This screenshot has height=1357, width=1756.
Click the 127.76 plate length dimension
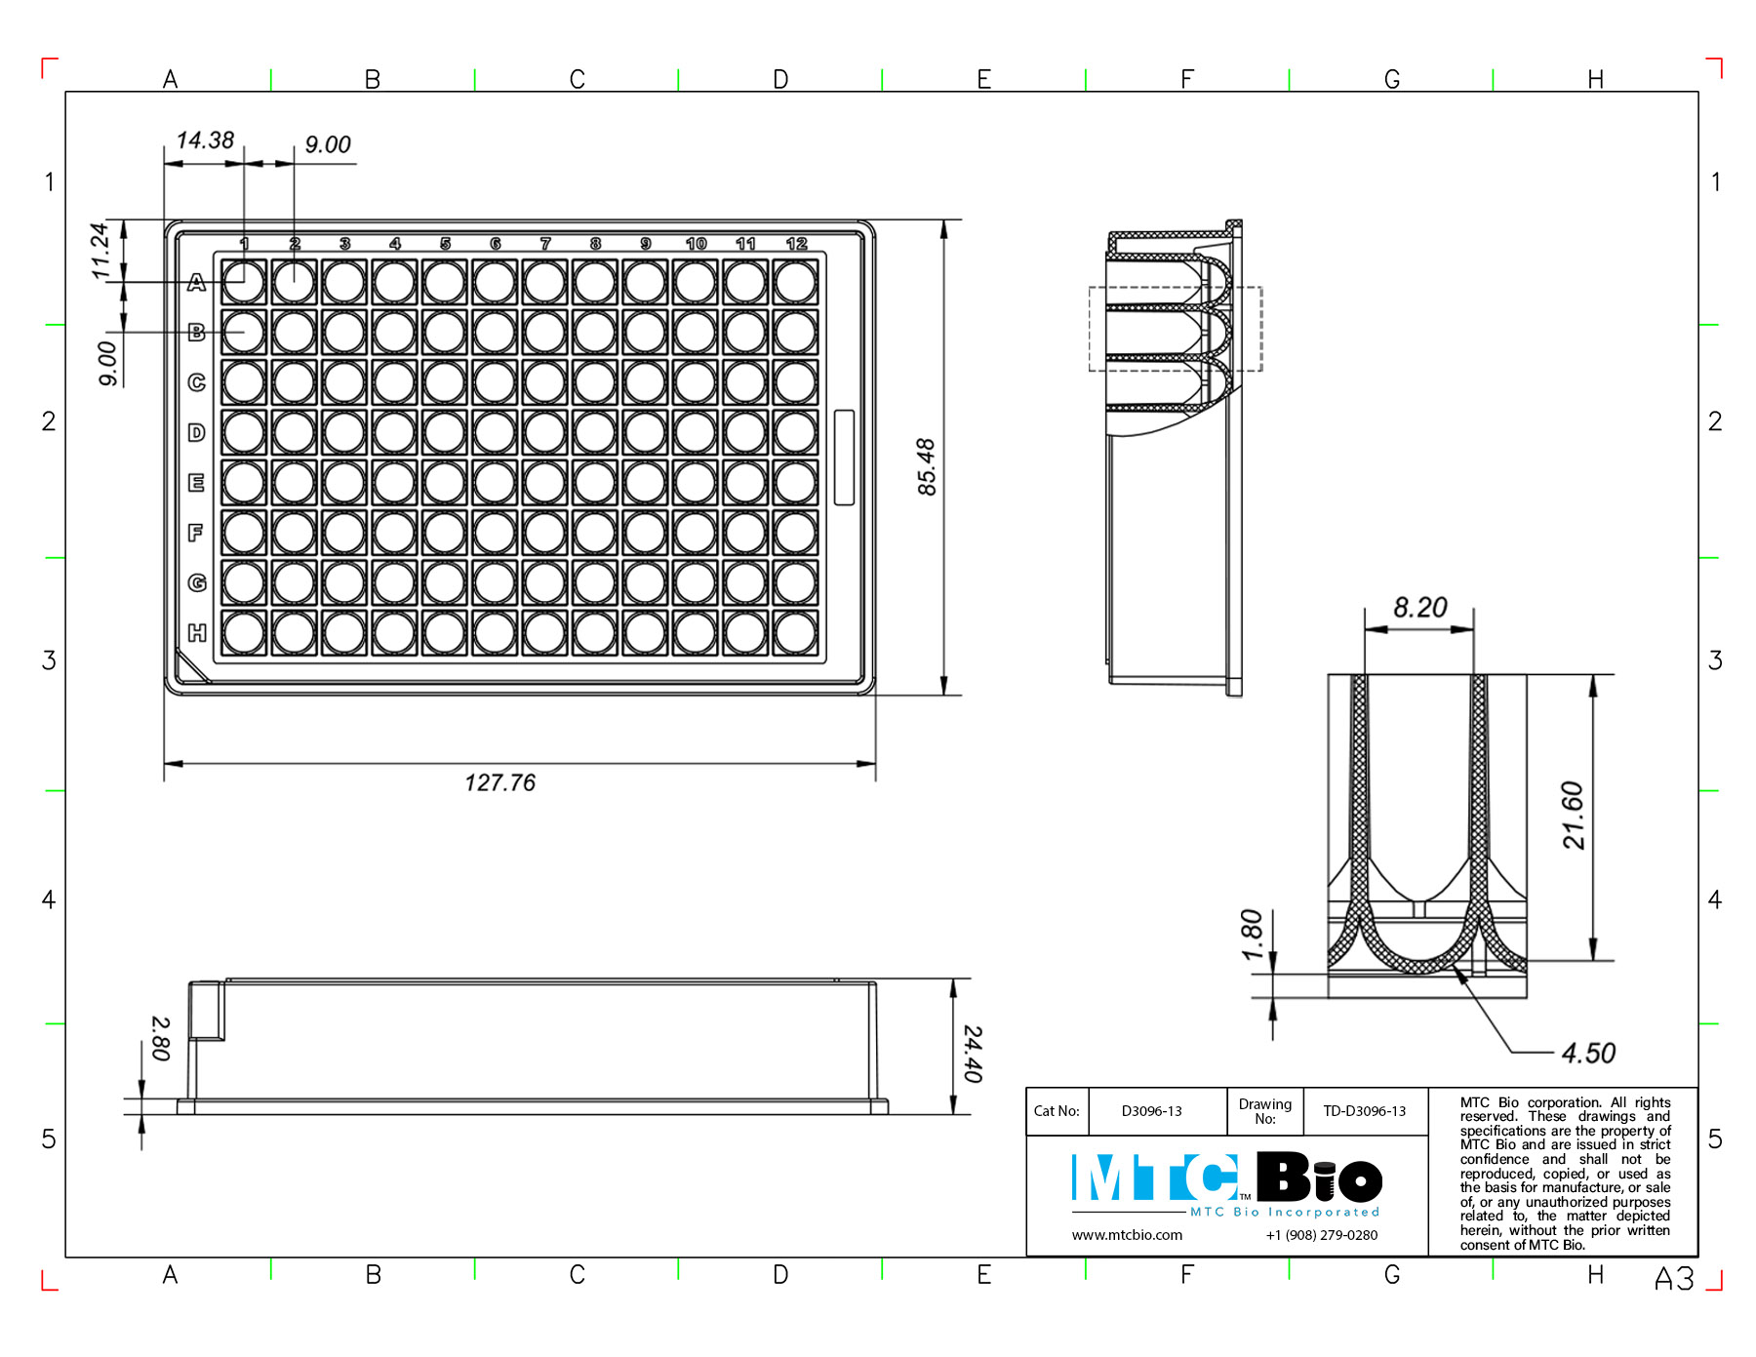[x=499, y=782]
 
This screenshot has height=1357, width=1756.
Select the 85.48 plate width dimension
[x=927, y=466]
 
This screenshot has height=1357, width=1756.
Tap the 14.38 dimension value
[x=205, y=140]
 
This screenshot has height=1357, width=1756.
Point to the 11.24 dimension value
[x=100, y=251]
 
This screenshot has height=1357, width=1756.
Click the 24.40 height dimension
[x=973, y=1054]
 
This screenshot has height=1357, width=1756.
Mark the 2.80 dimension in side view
[x=161, y=1038]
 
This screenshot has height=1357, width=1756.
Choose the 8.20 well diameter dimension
[x=1419, y=608]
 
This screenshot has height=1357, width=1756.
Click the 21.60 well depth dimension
[x=1573, y=816]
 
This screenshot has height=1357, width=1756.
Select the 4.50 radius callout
[x=1588, y=1054]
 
